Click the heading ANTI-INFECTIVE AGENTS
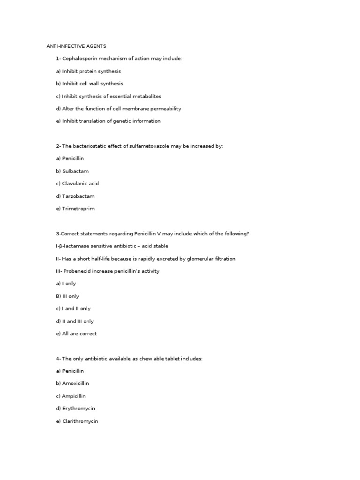click(x=76, y=46)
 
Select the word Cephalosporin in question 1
click(x=79, y=59)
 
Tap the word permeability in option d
click(x=165, y=109)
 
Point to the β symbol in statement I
click(x=61, y=246)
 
